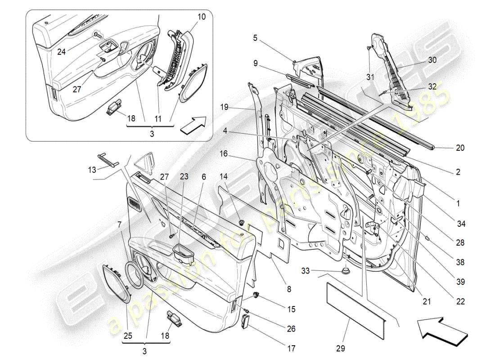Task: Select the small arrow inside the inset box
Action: click(x=193, y=125)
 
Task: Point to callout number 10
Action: click(x=201, y=17)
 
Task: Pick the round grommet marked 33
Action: click(x=346, y=271)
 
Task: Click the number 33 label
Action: click(x=306, y=271)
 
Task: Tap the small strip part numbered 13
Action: click(x=108, y=159)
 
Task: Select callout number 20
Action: click(x=460, y=148)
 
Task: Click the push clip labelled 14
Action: click(x=242, y=222)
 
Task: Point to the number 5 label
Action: click(x=255, y=39)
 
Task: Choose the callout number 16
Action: click(x=223, y=154)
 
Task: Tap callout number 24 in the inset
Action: click(x=61, y=52)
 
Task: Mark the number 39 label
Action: click(x=460, y=282)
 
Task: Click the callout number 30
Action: click(x=432, y=60)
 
